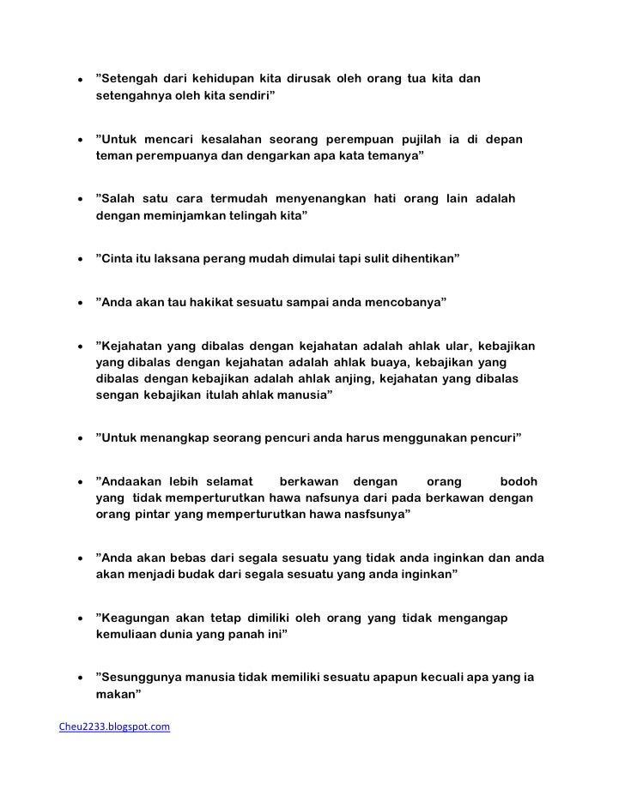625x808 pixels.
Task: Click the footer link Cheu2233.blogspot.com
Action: (x=113, y=727)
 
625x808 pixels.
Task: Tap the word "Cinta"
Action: (x=121, y=256)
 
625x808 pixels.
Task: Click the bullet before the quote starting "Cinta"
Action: (x=79, y=257)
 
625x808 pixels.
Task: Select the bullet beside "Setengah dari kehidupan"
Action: (x=79, y=81)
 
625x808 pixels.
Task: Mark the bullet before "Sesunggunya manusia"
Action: (x=79, y=678)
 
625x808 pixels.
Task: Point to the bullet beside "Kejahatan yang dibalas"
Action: (x=79, y=347)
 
